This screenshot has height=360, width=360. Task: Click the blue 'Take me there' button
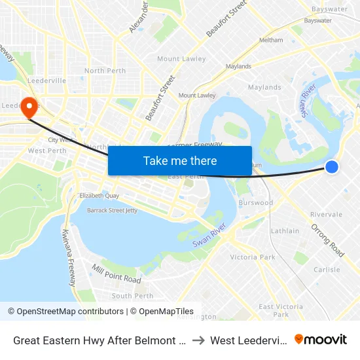click(180, 160)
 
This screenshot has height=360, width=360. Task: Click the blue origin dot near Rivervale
click(332, 167)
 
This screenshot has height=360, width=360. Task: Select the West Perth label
click(47, 151)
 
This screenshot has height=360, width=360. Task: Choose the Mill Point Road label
click(117, 274)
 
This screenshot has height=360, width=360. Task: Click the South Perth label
click(132, 296)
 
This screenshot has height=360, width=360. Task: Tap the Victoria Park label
click(253, 257)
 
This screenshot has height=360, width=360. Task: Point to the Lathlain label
click(285, 231)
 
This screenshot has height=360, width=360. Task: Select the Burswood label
click(257, 203)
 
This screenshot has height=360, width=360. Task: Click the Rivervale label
click(326, 214)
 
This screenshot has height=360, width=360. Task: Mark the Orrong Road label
click(327, 240)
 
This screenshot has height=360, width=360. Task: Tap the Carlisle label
click(327, 270)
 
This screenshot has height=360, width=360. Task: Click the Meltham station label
click(271, 40)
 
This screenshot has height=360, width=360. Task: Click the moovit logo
click(321, 340)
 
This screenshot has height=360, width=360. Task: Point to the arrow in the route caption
click(198, 340)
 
